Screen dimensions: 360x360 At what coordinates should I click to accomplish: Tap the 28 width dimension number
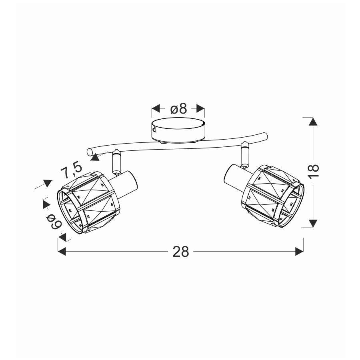tap(181, 252)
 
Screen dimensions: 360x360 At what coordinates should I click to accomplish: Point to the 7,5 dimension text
tap(71, 170)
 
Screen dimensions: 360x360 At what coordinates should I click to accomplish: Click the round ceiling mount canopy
tap(178, 131)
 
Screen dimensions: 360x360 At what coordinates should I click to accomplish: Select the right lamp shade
tap(273, 196)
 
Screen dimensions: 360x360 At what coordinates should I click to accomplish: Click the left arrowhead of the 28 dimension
tap(62, 252)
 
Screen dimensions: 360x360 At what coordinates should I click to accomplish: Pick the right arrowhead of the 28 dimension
tap(299, 252)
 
